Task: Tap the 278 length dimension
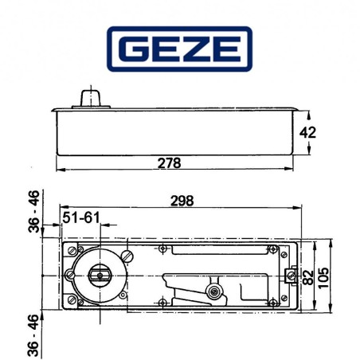[x=169, y=162]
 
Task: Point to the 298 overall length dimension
[x=182, y=201]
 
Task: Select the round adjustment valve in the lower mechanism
[x=213, y=293]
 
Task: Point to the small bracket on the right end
[x=287, y=276]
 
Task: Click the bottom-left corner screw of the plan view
[x=72, y=300]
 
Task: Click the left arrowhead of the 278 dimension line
[x=58, y=170]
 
